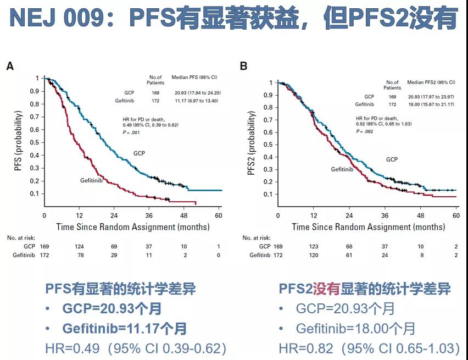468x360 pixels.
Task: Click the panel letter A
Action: tap(10, 67)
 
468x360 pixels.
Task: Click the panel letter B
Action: tap(244, 67)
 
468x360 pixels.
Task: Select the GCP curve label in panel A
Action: tap(139, 153)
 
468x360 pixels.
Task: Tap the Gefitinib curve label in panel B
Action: tap(345, 169)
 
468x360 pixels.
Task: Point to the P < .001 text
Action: tap(130, 132)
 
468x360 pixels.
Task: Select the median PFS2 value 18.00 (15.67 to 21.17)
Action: tap(430, 104)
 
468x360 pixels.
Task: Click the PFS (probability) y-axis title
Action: tap(20, 141)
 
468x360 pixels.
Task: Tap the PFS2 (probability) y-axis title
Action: tap(252, 144)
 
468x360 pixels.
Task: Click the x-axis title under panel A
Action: tap(132, 226)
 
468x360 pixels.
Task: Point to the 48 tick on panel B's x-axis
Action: tap(420, 215)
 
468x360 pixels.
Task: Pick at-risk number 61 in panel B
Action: tap(349, 255)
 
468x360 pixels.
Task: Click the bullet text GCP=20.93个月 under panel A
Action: tap(112, 309)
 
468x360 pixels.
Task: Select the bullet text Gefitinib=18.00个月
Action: tap(355, 329)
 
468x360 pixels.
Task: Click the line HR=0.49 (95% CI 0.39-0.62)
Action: tap(136, 348)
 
